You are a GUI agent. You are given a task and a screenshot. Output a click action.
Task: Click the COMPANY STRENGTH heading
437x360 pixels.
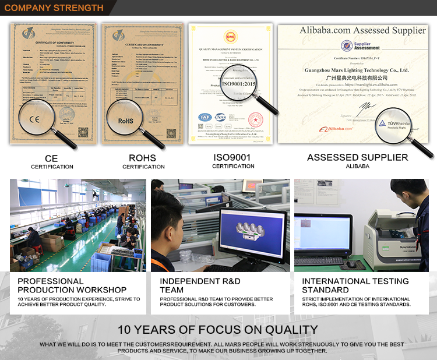click(x=54, y=8)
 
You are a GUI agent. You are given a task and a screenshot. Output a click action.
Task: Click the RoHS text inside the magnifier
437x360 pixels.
click(x=126, y=121)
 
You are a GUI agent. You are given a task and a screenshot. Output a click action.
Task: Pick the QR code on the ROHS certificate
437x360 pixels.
click(x=171, y=133)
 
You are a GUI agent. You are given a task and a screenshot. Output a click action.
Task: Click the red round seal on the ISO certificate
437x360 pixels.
click(x=256, y=120)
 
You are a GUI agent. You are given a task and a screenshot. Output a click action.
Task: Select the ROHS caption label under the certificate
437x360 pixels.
click(x=143, y=158)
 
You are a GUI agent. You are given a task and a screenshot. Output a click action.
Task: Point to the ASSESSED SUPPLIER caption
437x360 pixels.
click(x=357, y=157)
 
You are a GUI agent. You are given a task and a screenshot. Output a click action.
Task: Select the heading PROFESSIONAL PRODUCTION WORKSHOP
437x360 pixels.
click(x=72, y=285)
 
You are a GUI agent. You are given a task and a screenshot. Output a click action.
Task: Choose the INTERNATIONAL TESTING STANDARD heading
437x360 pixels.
click(x=355, y=285)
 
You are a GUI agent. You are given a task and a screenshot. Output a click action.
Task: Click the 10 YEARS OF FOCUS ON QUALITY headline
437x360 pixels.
click(x=218, y=330)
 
